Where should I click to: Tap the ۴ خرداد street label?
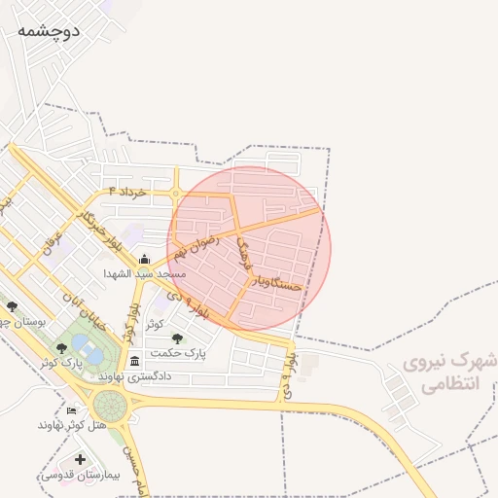(x=127, y=192)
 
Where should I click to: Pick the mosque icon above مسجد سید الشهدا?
(x=144, y=259)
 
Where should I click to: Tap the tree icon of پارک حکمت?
(x=177, y=338)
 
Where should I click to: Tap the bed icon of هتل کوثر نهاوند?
(x=71, y=410)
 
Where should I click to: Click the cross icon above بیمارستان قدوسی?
(x=80, y=459)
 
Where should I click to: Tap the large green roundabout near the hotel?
(x=109, y=406)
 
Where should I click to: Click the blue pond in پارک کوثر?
(x=90, y=348)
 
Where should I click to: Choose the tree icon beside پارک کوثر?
(x=61, y=347)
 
